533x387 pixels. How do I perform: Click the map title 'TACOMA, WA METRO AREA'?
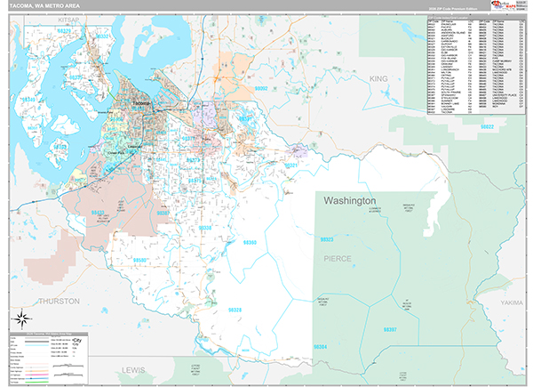42,9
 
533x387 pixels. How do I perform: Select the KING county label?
379,79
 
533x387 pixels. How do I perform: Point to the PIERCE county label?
338,258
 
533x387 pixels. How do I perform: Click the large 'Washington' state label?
350,201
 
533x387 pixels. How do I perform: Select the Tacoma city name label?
141,105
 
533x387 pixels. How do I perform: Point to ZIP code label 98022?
487,127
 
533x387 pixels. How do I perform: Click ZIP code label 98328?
235,309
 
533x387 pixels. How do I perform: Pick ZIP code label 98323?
327,239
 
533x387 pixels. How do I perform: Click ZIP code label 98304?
319,346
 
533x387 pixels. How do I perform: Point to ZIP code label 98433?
99,213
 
